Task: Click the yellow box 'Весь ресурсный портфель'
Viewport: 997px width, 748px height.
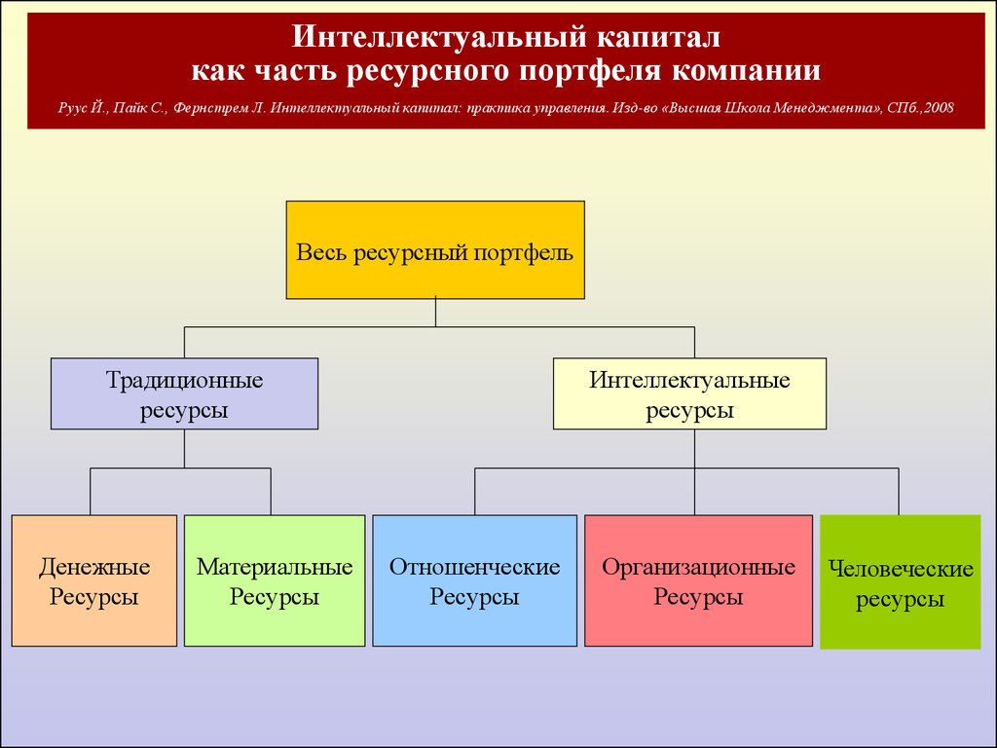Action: [x=435, y=250]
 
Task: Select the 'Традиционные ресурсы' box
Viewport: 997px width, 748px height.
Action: [x=184, y=393]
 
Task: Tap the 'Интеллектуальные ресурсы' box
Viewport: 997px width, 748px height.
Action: [x=690, y=393]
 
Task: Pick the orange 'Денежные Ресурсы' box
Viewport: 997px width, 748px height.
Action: [x=94, y=580]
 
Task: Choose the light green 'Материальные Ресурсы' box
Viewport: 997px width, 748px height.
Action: [x=275, y=580]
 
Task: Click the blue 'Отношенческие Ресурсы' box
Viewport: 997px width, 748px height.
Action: [x=474, y=580]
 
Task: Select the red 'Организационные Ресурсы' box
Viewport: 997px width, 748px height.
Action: [x=699, y=580]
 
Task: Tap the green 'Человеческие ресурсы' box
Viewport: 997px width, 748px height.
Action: [x=901, y=582]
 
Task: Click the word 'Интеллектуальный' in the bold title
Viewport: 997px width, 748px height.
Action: [x=439, y=37]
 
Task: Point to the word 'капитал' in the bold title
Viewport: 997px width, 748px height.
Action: [x=659, y=37]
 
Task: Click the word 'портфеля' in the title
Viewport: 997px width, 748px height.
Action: [x=590, y=71]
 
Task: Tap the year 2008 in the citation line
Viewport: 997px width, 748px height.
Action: [x=940, y=107]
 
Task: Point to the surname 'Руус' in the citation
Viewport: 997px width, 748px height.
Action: [x=72, y=108]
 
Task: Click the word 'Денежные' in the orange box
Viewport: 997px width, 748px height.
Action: [x=94, y=567]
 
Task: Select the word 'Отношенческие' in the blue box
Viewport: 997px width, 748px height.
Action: [x=474, y=566]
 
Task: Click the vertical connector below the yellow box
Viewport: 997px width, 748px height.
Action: [x=435, y=313]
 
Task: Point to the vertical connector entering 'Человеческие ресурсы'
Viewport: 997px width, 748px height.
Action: [x=899, y=492]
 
